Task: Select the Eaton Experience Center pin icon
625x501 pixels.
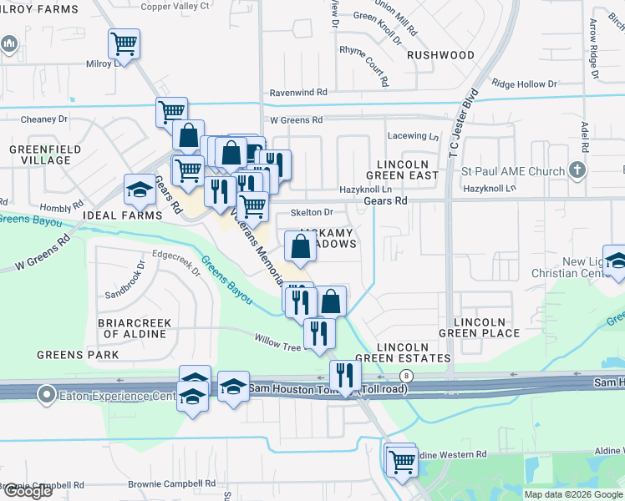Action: [48, 392]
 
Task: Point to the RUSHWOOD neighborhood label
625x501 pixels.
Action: [440, 55]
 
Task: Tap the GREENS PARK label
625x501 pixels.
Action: [78, 355]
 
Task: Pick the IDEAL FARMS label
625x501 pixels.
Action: [123, 215]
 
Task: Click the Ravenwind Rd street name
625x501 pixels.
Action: [297, 93]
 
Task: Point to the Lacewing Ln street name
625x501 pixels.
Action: [413, 136]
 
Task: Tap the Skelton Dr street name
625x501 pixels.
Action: [312, 213]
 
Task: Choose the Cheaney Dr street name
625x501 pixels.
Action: [44, 119]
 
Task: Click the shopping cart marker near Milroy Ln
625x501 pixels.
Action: [124, 43]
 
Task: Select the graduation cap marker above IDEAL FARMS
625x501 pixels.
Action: [140, 190]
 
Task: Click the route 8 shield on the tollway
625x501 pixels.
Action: [405, 376]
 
